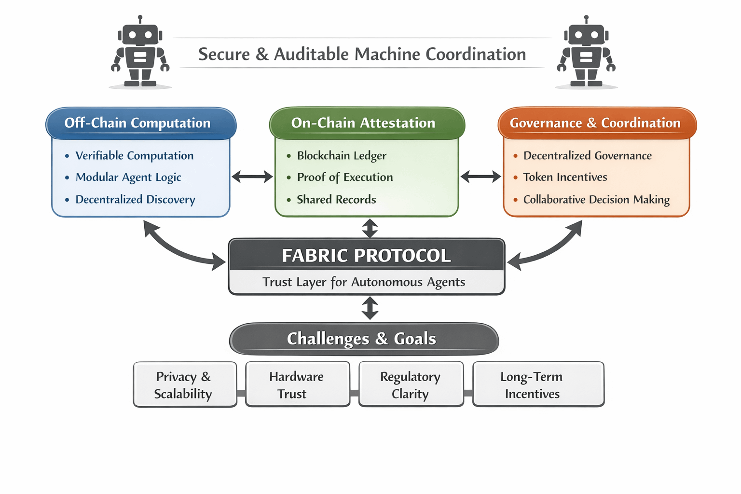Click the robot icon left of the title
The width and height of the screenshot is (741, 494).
(140, 52)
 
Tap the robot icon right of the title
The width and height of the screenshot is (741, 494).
(586, 52)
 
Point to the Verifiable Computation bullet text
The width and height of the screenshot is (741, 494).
(135, 156)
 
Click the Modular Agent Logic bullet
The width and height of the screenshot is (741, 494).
(128, 178)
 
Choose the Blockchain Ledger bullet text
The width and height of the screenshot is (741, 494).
(342, 156)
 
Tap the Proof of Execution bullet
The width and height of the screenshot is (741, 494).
(345, 178)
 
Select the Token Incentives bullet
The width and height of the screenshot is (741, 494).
(565, 178)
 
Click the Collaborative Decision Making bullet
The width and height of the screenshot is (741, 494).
(596, 200)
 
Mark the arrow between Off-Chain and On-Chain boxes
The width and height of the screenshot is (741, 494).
(252, 177)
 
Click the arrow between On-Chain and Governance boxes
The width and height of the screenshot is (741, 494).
(480, 177)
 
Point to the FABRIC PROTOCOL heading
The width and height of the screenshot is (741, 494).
(367, 255)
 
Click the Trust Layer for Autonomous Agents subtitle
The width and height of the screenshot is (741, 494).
(364, 282)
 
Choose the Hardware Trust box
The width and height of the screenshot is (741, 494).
(297, 385)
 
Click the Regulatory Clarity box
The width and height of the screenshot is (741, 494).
(411, 385)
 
